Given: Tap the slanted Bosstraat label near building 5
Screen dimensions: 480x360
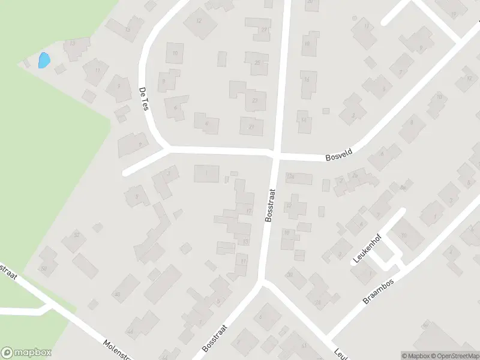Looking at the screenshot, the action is pyautogui.click(x=216, y=338).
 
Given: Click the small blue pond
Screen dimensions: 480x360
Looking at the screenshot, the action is pyautogui.click(x=44, y=61).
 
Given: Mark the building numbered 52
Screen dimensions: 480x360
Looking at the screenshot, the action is pyautogui.click(x=76, y=235).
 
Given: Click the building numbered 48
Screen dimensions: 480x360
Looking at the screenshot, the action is pyautogui.click(x=117, y=294).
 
